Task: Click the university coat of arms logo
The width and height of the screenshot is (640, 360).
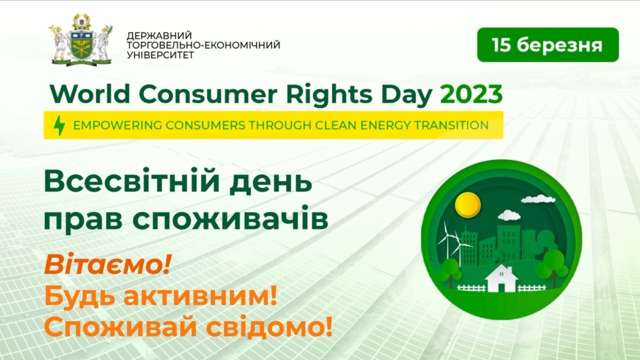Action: [81, 40]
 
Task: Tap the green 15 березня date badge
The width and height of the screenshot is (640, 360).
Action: [548, 45]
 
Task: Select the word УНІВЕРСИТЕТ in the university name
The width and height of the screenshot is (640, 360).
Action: [160, 55]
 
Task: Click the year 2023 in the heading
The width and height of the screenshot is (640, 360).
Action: [472, 94]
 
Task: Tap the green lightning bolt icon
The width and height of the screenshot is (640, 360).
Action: [60, 125]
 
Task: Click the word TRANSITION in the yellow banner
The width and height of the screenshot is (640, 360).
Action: [452, 125]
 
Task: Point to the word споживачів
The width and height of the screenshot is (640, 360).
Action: [230, 219]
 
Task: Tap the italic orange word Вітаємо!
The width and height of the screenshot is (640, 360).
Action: [107, 265]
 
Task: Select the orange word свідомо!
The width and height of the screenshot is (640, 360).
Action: [269, 327]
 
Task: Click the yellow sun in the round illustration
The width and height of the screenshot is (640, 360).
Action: [468, 205]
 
